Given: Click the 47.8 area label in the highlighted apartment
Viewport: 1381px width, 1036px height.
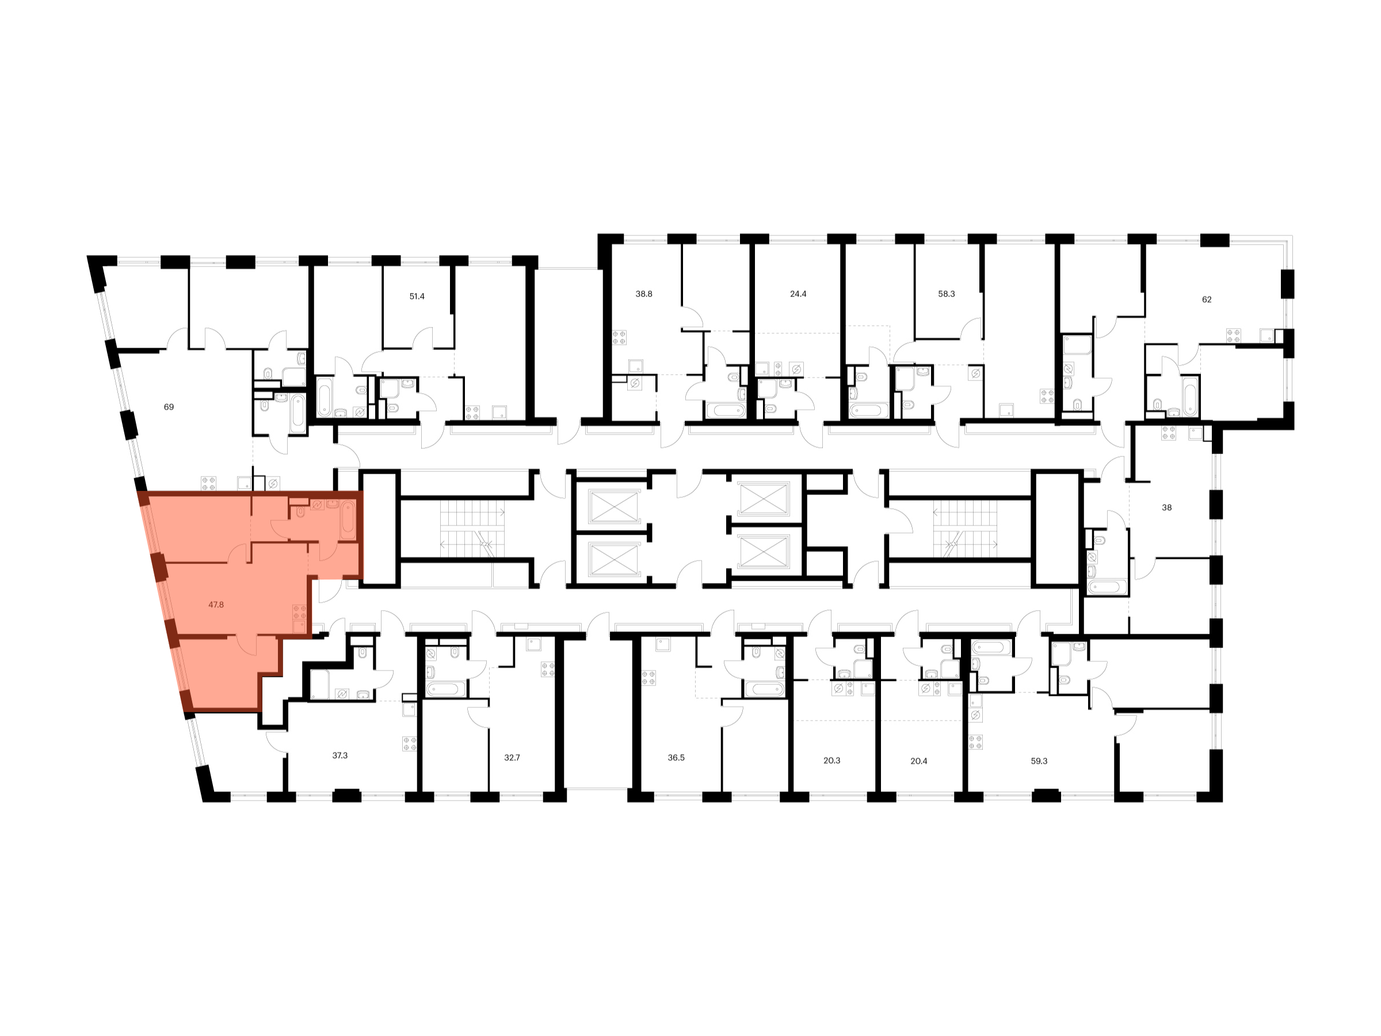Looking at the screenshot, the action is (216, 604).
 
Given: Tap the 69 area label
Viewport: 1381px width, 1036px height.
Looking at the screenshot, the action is (169, 406).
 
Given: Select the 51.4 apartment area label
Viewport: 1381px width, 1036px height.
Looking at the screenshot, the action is (417, 296).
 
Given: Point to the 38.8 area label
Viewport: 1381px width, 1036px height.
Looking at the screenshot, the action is (644, 294).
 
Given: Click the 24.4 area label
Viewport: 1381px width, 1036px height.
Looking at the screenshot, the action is (799, 294).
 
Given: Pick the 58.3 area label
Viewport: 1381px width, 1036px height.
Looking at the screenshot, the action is (947, 294).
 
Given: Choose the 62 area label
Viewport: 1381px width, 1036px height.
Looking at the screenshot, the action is (1207, 299).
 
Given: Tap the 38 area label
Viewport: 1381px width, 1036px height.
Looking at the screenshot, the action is (1167, 508).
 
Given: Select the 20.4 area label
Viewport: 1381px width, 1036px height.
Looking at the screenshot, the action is (919, 761).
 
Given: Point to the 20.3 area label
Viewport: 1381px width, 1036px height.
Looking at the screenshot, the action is (831, 761).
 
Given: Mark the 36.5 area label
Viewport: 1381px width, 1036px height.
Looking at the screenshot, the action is (676, 757).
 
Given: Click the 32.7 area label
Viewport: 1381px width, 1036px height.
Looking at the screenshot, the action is (512, 757).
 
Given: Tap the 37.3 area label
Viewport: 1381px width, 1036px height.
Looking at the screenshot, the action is (339, 755).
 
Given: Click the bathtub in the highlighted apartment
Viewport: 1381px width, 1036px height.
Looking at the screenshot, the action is (348, 520).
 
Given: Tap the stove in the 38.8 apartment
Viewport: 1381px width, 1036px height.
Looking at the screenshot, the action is (619, 338).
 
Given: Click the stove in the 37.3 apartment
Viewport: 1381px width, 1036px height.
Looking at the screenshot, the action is (410, 744).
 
